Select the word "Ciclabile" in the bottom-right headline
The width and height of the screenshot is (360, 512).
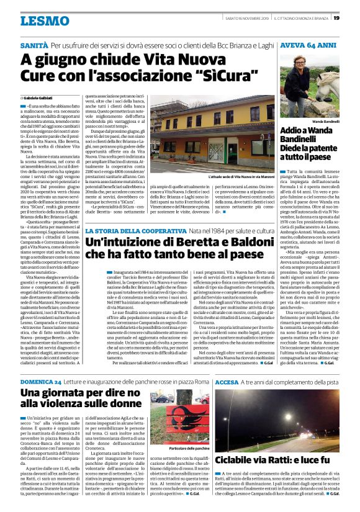pos(238,461)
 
